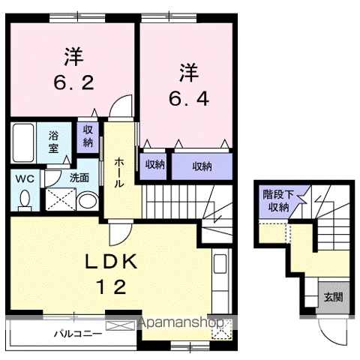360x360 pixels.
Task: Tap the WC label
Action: click(x=25, y=179)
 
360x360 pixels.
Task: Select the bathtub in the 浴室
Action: click(x=23, y=142)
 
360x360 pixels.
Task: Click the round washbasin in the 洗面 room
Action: click(x=87, y=201)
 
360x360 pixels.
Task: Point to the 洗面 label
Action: click(x=79, y=178)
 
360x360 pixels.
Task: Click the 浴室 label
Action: click(x=53, y=142)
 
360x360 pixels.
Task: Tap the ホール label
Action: click(x=119, y=172)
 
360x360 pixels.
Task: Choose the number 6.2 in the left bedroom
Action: click(x=74, y=82)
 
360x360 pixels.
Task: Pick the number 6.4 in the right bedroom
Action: click(x=189, y=98)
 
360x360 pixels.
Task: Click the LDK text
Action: click(x=111, y=262)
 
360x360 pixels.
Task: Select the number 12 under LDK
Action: click(x=111, y=287)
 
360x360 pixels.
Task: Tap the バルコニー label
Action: click(x=78, y=334)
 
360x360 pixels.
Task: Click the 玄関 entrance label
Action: click(x=333, y=297)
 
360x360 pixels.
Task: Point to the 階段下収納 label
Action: click(x=278, y=201)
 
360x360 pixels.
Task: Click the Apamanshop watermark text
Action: click(x=181, y=322)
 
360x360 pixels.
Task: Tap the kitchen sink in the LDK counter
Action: click(x=220, y=264)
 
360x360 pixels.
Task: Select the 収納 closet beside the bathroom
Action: click(x=88, y=136)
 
